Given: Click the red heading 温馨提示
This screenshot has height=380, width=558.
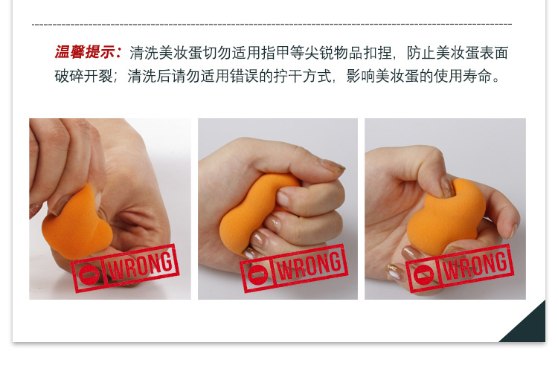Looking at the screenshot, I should [x=88, y=53].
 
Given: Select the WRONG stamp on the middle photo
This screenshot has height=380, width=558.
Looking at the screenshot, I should [x=294, y=268].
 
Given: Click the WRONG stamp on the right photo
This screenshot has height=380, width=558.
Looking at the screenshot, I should [x=461, y=268].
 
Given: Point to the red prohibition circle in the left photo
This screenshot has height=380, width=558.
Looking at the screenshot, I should [x=89, y=274].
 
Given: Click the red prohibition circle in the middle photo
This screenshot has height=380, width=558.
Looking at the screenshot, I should [x=258, y=274].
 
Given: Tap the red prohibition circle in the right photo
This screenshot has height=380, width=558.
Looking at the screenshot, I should [x=425, y=274].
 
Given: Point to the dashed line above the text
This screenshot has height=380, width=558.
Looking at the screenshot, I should [x=272, y=25].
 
